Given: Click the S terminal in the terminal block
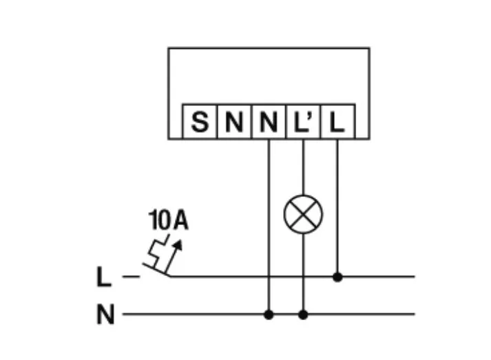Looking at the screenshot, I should pyautogui.click(x=199, y=123).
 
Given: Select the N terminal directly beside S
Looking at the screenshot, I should pyautogui.click(x=233, y=123).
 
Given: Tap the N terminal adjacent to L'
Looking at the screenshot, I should pyautogui.click(x=268, y=123).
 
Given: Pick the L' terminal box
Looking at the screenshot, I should pyautogui.click(x=302, y=123).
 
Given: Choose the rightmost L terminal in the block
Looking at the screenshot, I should pyautogui.click(x=337, y=123).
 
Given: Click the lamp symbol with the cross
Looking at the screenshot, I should pyautogui.click(x=303, y=215).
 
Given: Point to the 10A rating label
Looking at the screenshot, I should pyautogui.click(x=168, y=221).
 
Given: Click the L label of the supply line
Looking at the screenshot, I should pyautogui.click(x=103, y=277).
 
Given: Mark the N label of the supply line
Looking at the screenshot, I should pyautogui.click(x=105, y=316).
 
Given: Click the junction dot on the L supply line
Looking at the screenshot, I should pyautogui.click(x=337, y=277).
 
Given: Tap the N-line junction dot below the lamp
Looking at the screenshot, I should pyautogui.click(x=303, y=315).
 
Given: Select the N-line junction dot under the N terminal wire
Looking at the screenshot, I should pyautogui.click(x=269, y=315).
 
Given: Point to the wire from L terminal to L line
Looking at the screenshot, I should pyautogui.click(x=337, y=207).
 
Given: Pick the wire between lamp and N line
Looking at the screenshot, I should pyautogui.click(x=303, y=272).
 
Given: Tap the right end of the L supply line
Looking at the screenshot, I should pyautogui.click(x=413, y=277).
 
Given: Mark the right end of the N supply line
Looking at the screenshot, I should pyautogui.click(x=413, y=315).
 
